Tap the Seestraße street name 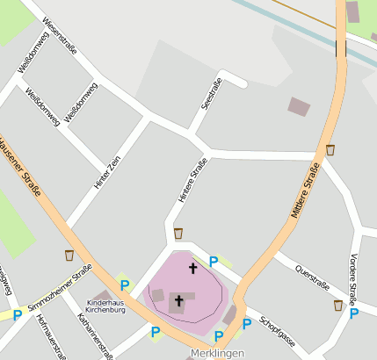211,94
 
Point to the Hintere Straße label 192,181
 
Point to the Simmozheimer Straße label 59,291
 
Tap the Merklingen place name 215,353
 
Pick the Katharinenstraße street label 95,335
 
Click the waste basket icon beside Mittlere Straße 330,149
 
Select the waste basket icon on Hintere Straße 178,234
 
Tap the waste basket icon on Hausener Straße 69,256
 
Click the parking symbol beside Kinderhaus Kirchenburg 125,284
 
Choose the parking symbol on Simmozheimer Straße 18,313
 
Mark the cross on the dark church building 178,301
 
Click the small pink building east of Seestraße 299,107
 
